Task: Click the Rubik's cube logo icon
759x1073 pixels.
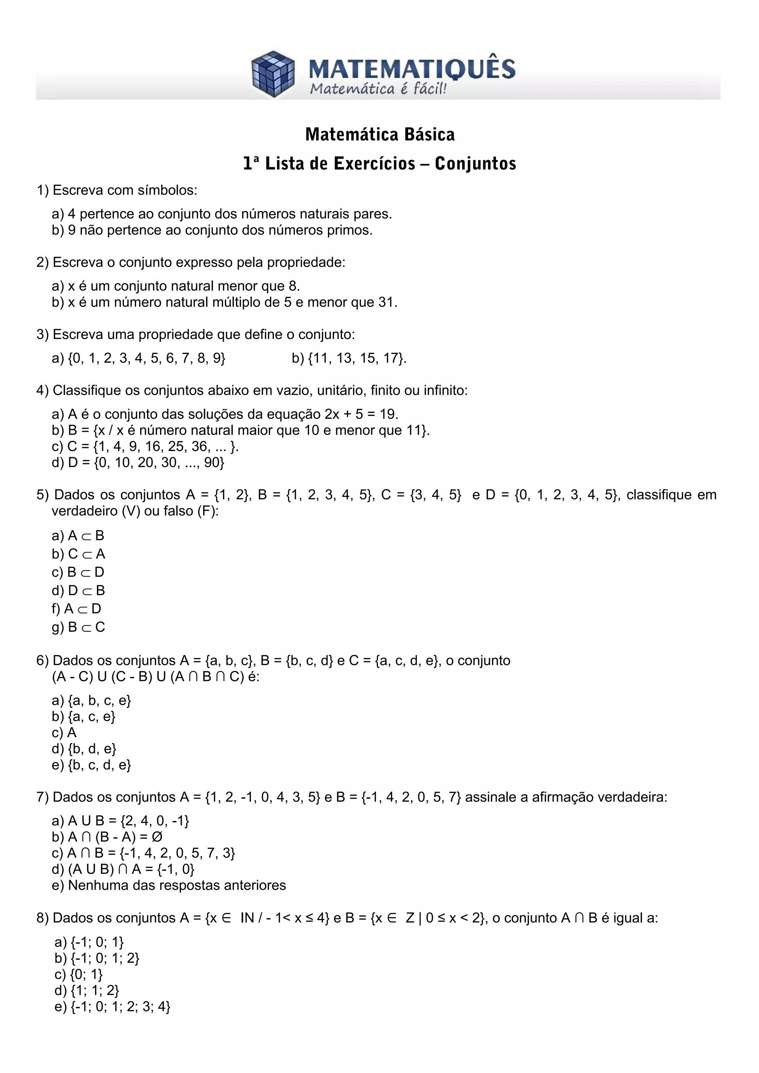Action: tap(273, 74)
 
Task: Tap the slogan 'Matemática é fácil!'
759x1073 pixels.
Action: tap(378, 89)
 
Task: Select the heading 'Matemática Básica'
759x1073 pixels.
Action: tap(380, 135)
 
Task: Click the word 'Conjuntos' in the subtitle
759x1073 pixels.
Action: tap(475, 164)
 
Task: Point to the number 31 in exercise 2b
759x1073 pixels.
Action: tap(386, 302)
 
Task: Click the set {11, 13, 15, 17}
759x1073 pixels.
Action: tap(357, 358)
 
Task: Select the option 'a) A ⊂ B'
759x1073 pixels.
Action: tap(78, 535)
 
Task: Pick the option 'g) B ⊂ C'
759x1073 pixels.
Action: tap(79, 627)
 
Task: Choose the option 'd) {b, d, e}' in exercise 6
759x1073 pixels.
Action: tap(84, 749)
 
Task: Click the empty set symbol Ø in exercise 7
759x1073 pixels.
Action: tap(157, 837)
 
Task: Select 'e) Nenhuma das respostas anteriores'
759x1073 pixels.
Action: tap(169, 885)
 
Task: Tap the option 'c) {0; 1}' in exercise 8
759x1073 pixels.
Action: tap(79, 975)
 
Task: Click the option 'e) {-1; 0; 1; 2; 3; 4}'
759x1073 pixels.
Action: tap(112, 1007)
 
